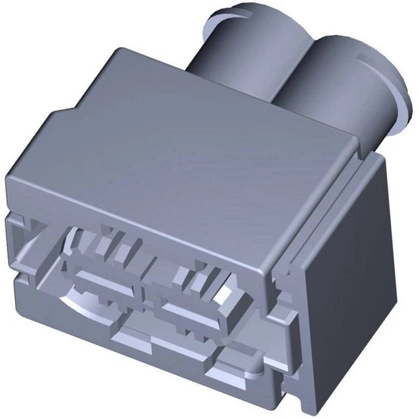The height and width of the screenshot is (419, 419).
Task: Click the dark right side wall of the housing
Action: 347,262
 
